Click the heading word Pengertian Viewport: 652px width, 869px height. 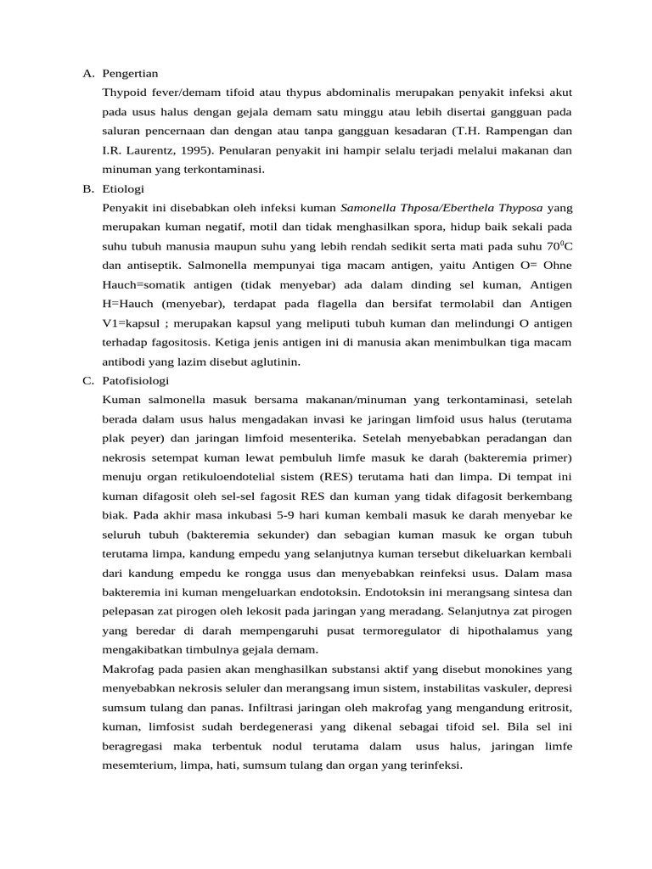(x=130, y=74)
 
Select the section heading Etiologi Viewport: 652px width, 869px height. (x=123, y=188)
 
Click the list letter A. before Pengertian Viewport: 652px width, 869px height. (x=88, y=74)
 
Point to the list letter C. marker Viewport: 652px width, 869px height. (x=88, y=380)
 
